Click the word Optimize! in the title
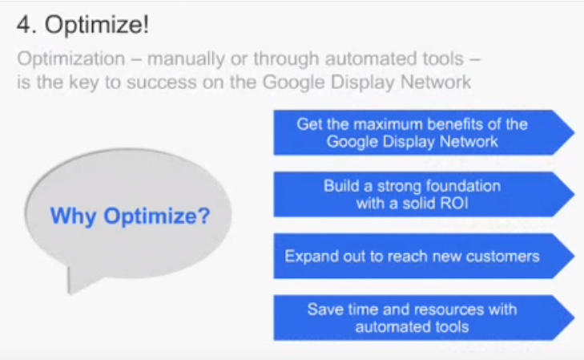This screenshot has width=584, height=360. click(97, 26)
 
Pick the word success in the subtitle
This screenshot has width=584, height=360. click(162, 83)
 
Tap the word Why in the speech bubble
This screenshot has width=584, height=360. click(74, 216)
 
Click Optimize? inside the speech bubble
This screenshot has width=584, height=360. click(157, 216)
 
